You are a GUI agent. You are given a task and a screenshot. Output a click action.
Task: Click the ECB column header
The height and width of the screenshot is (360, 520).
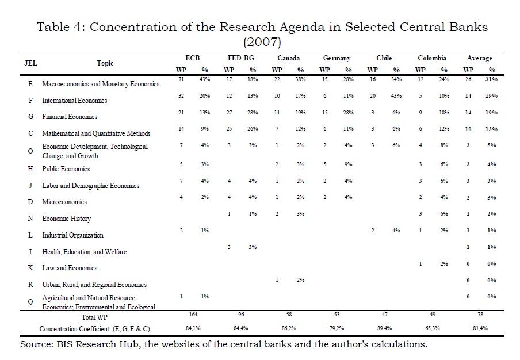193,58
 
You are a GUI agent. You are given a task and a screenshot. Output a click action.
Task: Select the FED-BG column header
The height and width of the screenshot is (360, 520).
241,58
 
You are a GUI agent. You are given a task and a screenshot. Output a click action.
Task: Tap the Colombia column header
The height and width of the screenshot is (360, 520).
432,58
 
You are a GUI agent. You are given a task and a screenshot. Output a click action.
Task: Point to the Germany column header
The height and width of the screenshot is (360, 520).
337,58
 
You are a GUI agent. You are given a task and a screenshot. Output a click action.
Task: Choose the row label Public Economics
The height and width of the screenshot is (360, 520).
66,169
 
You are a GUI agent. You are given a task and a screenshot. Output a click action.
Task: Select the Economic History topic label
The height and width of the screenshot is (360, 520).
66,219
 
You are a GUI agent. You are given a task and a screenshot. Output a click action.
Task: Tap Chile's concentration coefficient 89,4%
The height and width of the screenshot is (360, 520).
384,328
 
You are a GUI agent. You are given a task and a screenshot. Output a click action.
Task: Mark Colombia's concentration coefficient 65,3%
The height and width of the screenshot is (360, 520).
432,328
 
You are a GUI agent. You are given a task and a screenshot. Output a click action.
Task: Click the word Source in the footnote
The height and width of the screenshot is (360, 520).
36,345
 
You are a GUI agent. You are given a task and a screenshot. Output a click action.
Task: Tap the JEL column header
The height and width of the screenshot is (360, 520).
30,63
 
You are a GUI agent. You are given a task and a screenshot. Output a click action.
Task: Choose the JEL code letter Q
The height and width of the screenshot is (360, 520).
30,302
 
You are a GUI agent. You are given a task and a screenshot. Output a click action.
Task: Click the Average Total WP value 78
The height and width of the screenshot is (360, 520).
480,315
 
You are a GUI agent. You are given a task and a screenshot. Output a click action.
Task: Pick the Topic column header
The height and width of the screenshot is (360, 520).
105,63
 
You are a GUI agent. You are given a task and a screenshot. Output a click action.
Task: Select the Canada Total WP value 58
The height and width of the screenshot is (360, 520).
288,315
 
